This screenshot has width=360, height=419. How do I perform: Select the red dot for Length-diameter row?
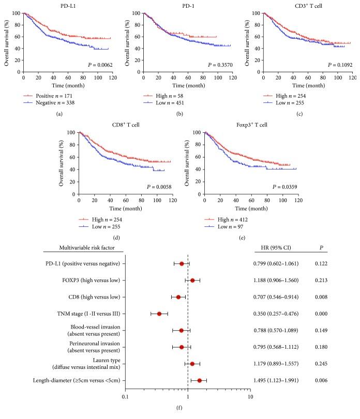point(200,380)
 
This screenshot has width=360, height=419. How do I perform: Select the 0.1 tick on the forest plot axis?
point(125,397)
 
